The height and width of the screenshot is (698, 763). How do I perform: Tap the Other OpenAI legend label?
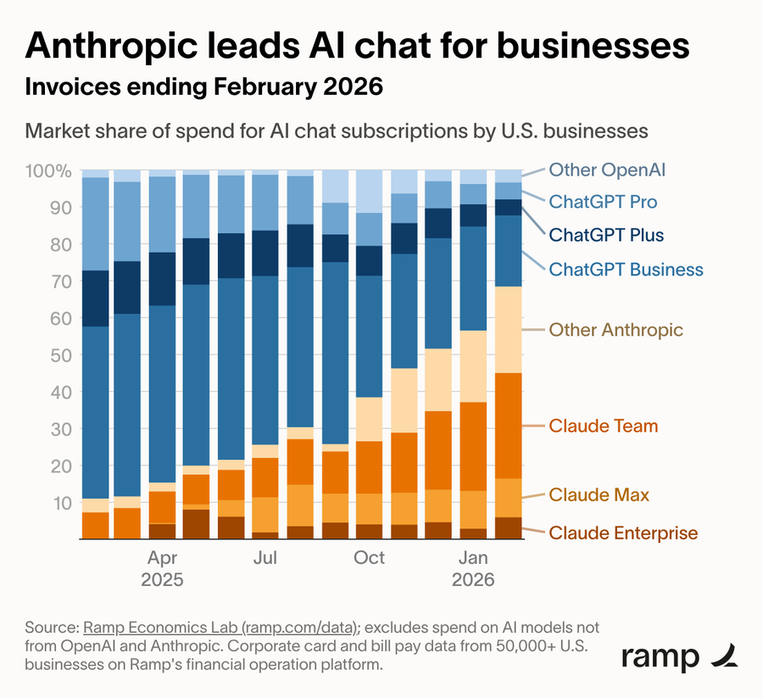tap(607, 169)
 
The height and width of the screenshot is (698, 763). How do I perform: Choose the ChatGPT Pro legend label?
tap(603, 202)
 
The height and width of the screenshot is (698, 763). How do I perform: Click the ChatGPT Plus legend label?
tap(606, 235)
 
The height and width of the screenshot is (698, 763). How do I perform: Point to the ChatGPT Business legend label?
tap(626, 270)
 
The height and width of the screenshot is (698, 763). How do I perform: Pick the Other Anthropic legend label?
tap(615, 329)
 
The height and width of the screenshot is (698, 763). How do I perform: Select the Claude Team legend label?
tap(603, 426)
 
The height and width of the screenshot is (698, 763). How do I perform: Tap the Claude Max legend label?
tap(599, 494)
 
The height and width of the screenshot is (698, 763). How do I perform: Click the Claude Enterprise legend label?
tap(623, 533)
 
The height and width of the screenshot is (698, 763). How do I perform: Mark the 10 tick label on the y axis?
tap(61, 503)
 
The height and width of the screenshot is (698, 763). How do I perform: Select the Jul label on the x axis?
tap(265, 558)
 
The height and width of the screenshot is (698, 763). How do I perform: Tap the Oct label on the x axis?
tap(369, 558)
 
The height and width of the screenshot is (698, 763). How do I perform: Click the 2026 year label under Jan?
tap(473, 582)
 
